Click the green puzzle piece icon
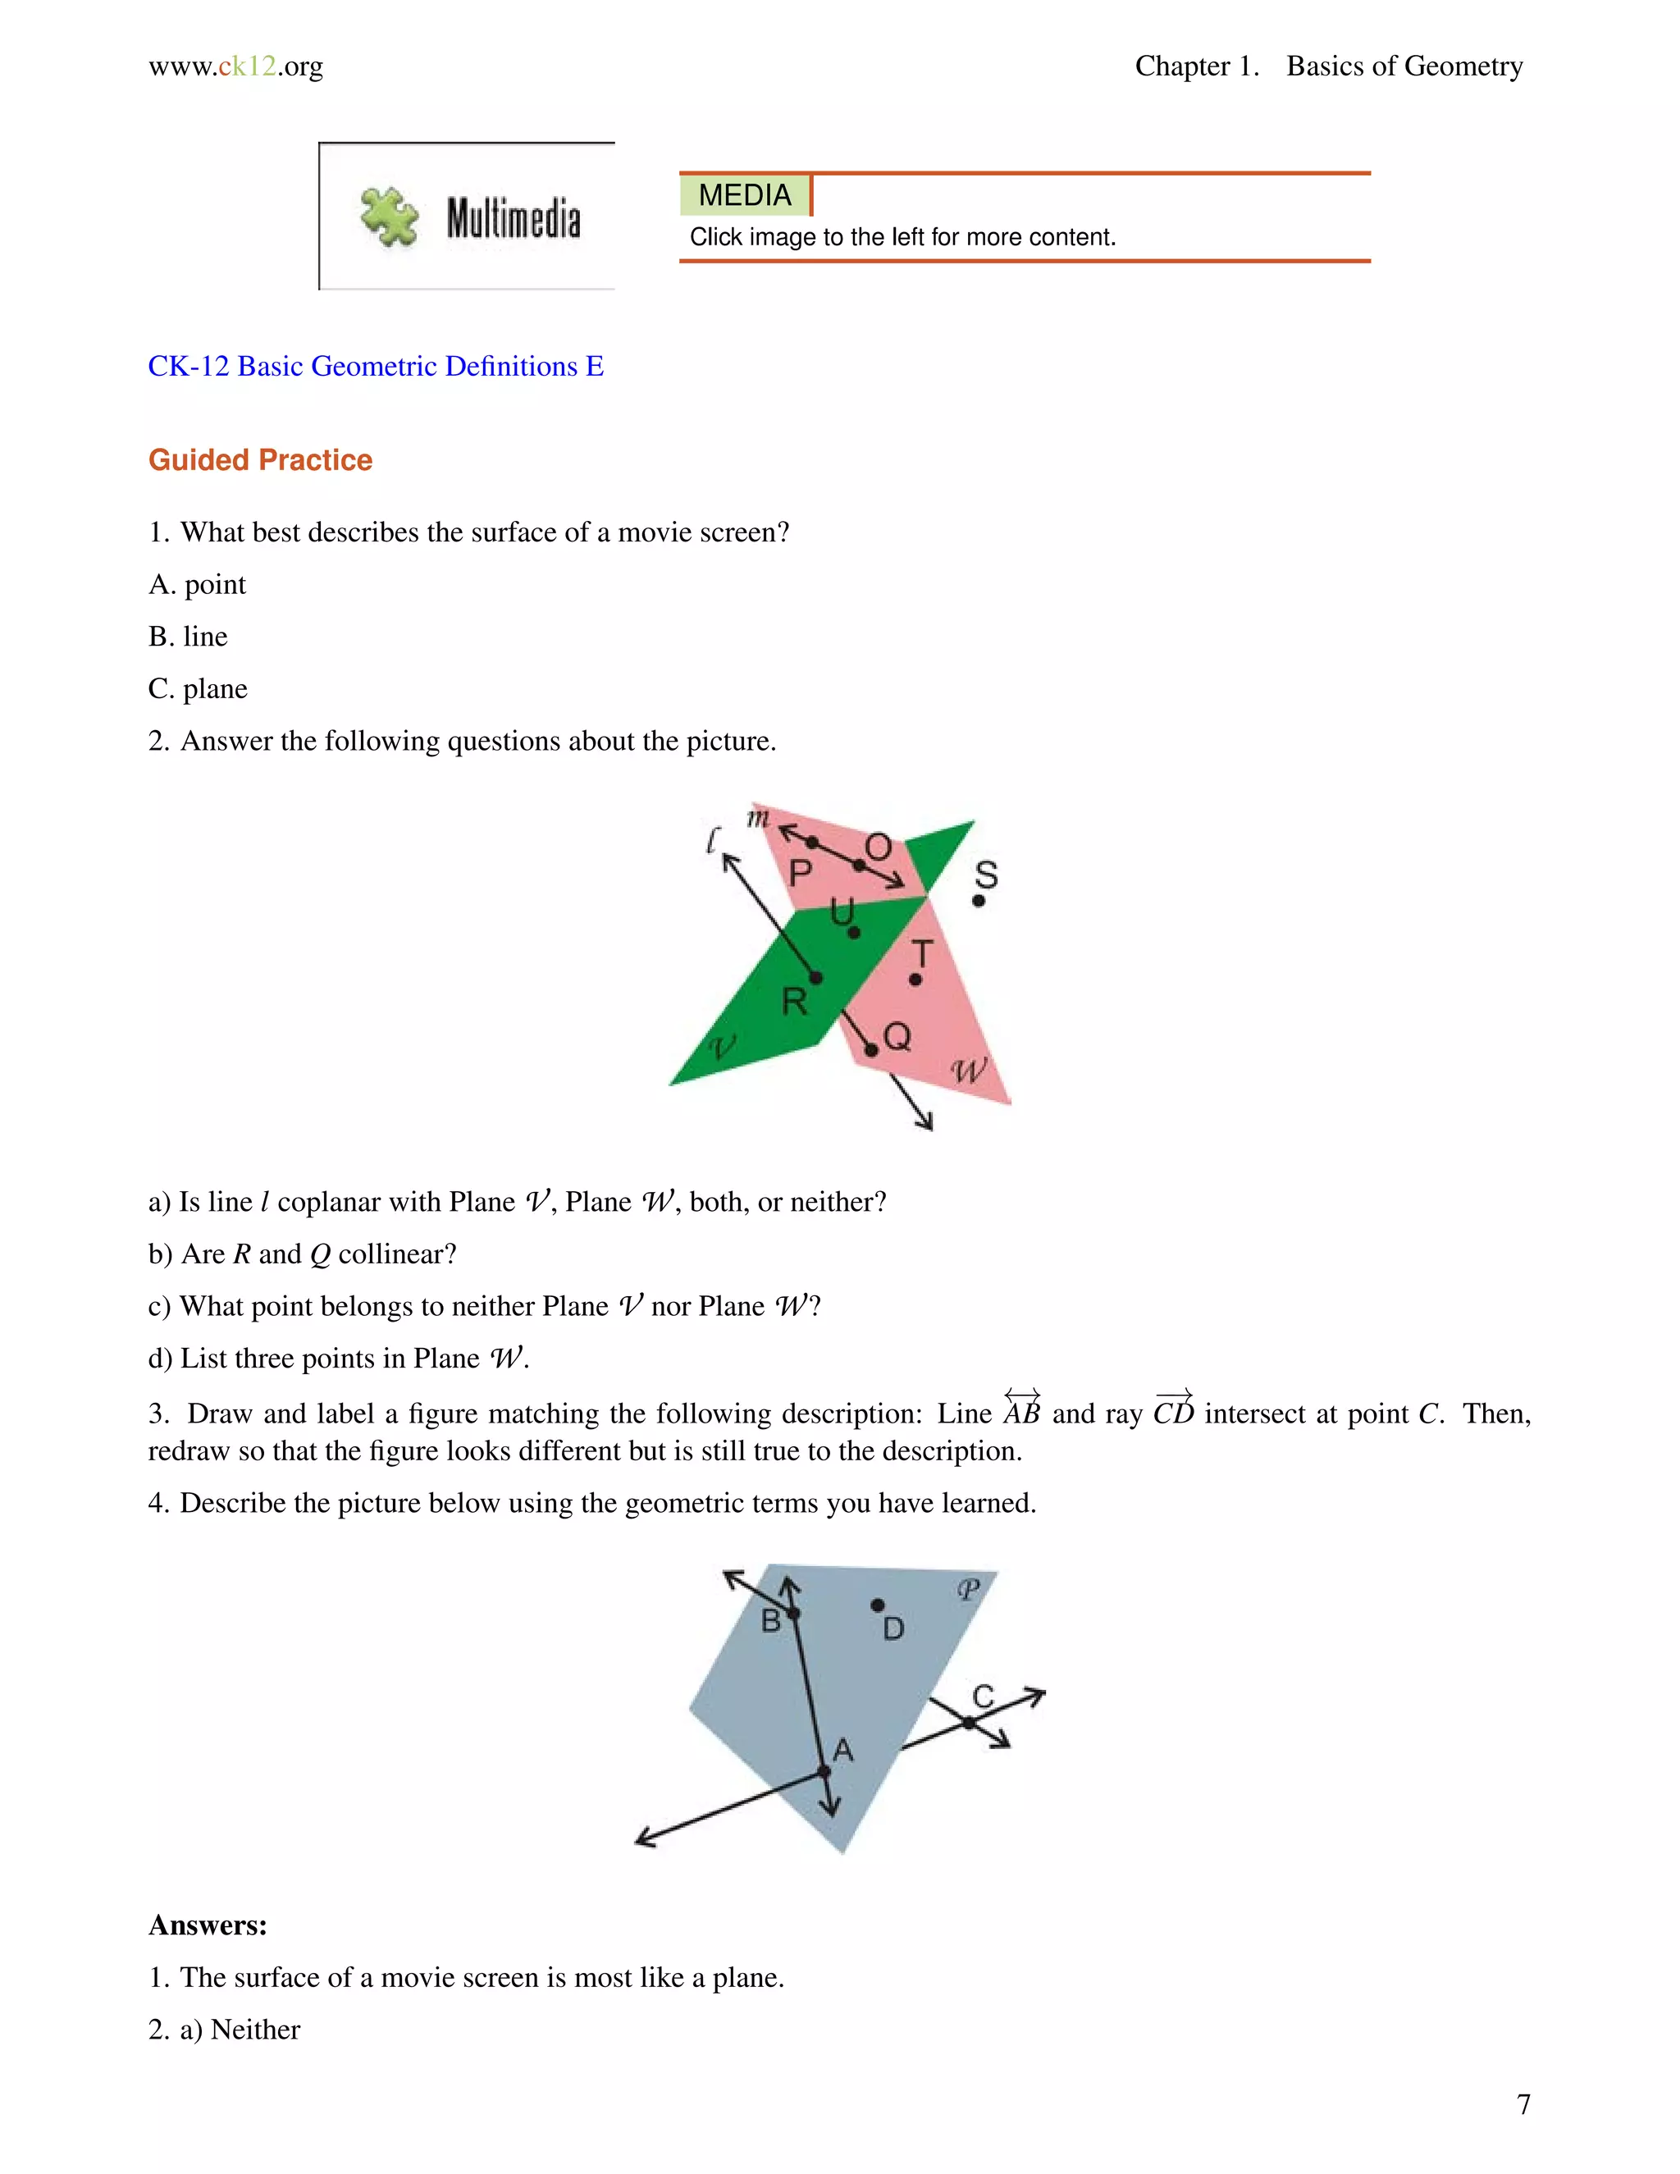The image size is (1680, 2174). point(389,217)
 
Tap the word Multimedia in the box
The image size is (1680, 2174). point(513,219)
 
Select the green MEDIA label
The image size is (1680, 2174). point(745,195)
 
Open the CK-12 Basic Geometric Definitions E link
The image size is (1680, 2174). point(375,367)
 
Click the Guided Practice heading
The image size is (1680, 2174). point(260,460)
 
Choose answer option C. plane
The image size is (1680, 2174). point(198,689)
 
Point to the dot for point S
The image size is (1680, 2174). point(979,901)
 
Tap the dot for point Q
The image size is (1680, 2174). point(871,1050)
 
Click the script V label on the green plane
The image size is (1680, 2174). point(723,1046)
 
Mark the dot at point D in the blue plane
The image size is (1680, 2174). point(877,1605)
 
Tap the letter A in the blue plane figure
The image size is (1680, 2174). point(843,1750)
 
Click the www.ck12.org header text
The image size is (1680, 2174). point(236,66)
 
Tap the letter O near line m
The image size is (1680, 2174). point(877,847)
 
